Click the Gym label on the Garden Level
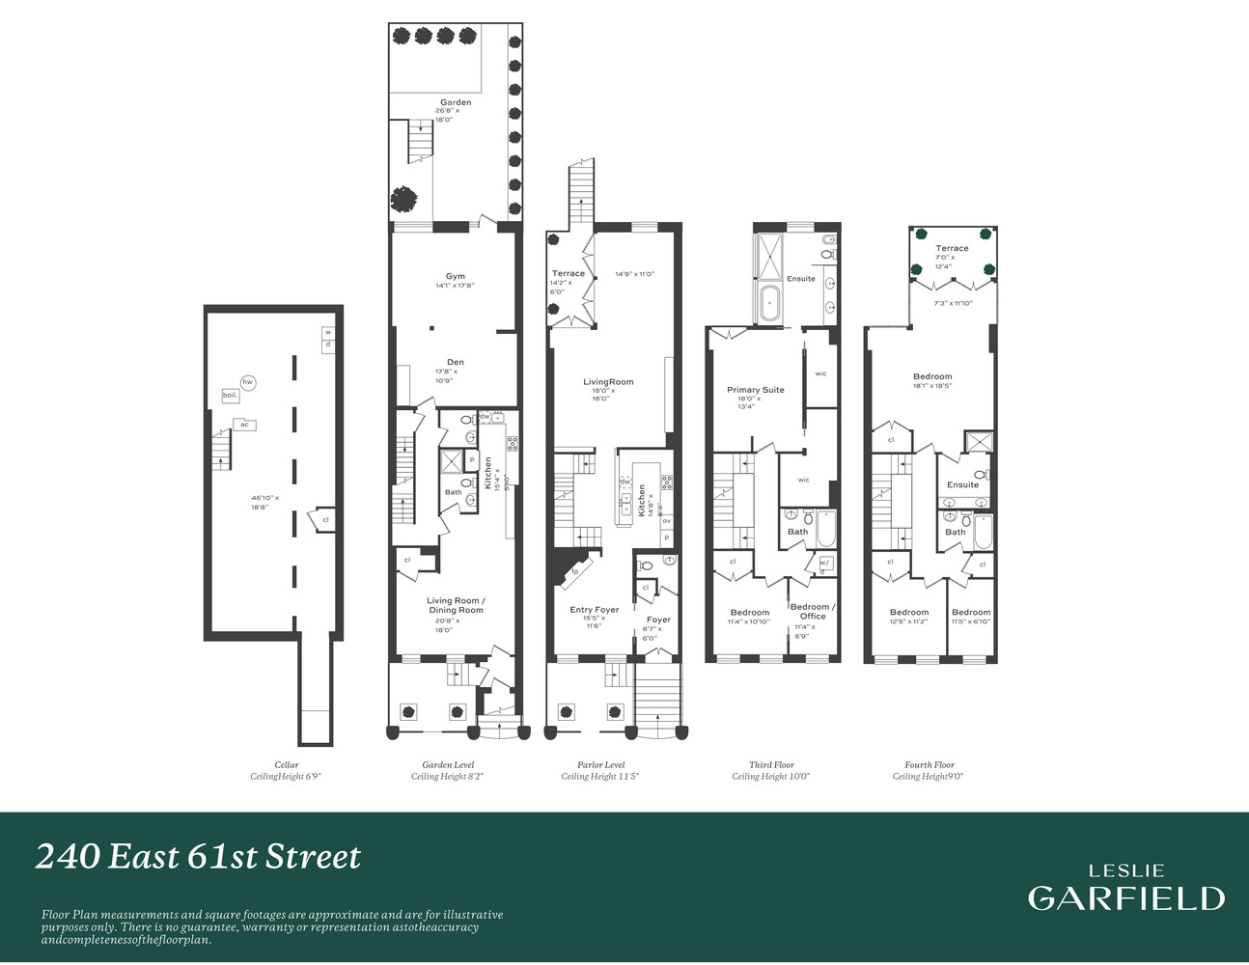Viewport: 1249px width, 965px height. [x=455, y=277]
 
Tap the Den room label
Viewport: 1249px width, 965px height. [x=455, y=363]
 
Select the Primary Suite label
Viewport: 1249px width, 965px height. [x=755, y=390]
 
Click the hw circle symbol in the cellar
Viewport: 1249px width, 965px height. [x=248, y=383]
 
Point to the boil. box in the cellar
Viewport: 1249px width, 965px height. [x=230, y=396]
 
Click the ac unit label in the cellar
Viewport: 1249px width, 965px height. [x=244, y=425]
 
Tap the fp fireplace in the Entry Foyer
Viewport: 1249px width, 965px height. [x=574, y=570]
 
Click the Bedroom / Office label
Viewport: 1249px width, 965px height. [x=813, y=611]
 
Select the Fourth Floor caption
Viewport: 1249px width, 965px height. [x=929, y=765]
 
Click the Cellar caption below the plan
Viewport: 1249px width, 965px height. [x=287, y=765]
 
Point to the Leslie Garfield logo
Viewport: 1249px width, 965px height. [x=1125, y=889]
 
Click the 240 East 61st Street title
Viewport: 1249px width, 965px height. [x=198, y=857]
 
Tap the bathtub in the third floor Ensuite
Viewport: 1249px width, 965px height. [x=769, y=302]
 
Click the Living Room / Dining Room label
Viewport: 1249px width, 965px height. [x=456, y=605]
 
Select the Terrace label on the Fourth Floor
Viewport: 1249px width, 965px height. [x=951, y=248]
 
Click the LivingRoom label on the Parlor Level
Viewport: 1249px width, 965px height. [x=608, y=382]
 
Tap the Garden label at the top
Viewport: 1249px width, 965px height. [x=456, y=102]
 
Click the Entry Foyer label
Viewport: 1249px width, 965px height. [x=594, y=610]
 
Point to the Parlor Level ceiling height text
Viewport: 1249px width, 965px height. [x=600, y=777]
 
